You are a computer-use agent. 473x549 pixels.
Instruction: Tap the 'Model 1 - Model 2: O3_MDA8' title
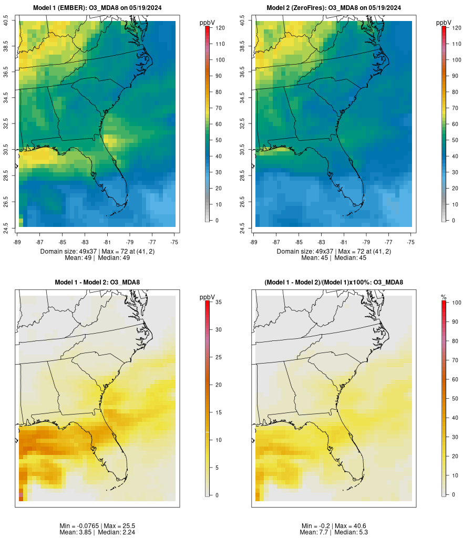point(97,283)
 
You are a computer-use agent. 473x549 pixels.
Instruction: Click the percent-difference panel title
point(334,283)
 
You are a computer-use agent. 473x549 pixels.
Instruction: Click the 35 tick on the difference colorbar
point(218,302)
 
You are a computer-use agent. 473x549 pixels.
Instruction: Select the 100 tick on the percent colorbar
point(456,303)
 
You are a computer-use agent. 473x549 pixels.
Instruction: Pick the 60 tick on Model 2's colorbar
point(456,124)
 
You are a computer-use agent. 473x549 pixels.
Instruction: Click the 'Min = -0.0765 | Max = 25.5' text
point(98,526)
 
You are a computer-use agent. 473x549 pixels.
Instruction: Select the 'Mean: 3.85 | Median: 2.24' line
point(98,532)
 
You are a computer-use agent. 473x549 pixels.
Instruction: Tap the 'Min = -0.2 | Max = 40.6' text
point(334,526)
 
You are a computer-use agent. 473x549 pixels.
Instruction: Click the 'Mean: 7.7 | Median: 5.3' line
point(334,532)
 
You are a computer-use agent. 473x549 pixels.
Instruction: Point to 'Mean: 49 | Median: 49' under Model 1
point(98,258)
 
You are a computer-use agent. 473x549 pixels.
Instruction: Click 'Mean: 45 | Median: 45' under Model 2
point(334,258)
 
